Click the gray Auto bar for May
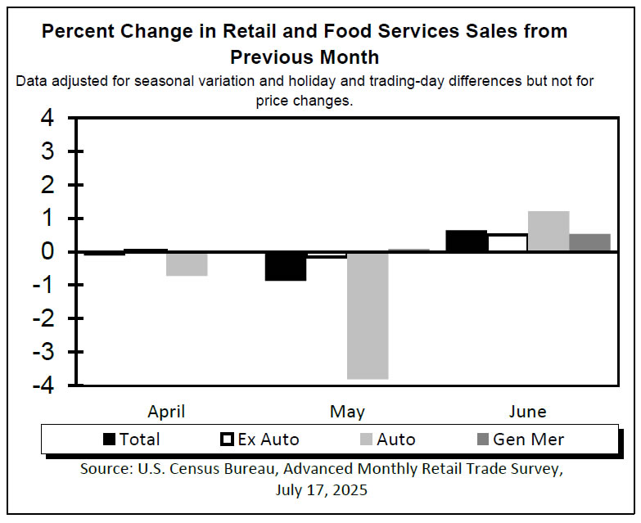[x=368, y=315]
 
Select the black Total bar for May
[x=286, y=266]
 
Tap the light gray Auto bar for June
[x=548, y=232]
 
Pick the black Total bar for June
[x=466, y=241]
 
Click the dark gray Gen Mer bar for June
[x=589, y=243]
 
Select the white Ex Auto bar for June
[x=508, y=243]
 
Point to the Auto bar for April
[x=187, y=264]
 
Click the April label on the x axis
[x=166, y=411]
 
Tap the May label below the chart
[x=347, y=411]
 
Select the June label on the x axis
[x=527, y=411]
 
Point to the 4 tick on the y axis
[x=48, y=119]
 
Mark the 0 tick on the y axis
[x=48, y=252]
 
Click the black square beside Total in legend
[x=109, y=440]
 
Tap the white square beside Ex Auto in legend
[x=227, y=440]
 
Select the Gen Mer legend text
[x=528, y=440]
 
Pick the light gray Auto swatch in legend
[x=366, y=440]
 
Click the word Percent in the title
[x=79, y=32]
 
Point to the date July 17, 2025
[x=322, y=490]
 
